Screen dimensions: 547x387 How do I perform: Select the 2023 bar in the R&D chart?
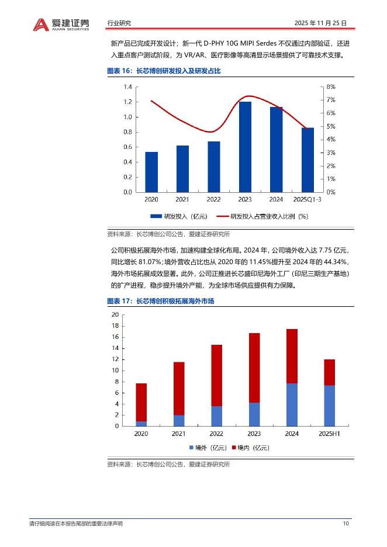[x=245, y=147]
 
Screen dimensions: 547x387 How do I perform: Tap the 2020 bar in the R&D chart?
[x=151, y=172]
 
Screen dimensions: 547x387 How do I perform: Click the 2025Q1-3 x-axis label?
[x=307, y=199]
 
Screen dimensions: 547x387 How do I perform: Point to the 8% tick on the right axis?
[x=330, y=86]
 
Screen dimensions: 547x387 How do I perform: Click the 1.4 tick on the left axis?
[x=127, y=86]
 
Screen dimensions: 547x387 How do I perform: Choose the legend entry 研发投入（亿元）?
[x=179, y=216]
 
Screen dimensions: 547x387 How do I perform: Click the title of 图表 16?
[x=164, y=71]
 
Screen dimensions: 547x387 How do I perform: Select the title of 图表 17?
[x=161, y=301]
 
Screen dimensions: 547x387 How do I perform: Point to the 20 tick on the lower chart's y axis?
[x=115, y=314]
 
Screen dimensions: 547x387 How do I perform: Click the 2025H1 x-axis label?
[x=329, y=434]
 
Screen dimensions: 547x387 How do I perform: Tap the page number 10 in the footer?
[x=346, y=524]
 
